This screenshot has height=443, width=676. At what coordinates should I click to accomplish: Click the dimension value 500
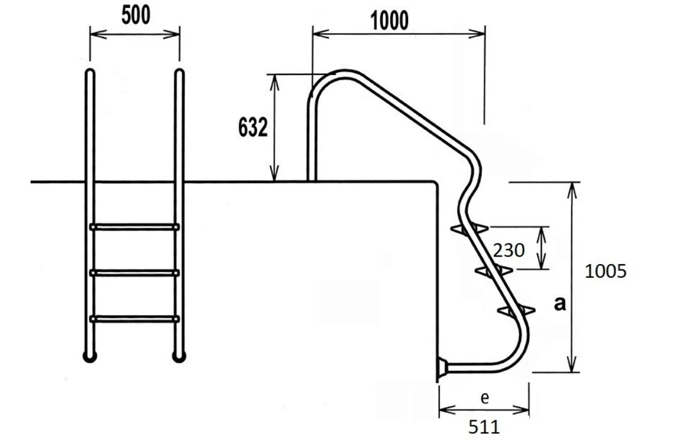tap(135, 16)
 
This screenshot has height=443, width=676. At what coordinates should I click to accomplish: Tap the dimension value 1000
tap(390, 21)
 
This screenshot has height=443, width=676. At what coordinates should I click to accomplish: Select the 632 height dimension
tap(253, 128)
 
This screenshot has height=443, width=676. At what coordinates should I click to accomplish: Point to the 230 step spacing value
tap(509, 250)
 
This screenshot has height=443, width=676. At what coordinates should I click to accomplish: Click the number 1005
tap(606, 271)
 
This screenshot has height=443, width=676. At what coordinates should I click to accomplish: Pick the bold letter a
tap(560, 303)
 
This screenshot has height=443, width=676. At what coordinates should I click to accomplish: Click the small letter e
tap(484, 398)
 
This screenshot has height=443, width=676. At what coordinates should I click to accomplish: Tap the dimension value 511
tap(484, 426)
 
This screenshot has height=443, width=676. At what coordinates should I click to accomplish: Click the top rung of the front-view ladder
tap(135, 227)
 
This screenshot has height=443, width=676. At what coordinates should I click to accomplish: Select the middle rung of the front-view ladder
tap(135, 273)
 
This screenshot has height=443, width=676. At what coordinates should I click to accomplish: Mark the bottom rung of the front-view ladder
tap(135, 318)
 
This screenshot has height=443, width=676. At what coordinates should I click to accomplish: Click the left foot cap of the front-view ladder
tap(90, 356)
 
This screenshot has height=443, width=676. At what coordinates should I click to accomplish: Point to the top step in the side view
tap(470, 229)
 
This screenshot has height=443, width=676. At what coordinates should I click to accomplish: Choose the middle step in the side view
tap(494, 270)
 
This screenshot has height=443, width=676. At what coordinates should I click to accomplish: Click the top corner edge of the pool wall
tap(435, 183)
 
